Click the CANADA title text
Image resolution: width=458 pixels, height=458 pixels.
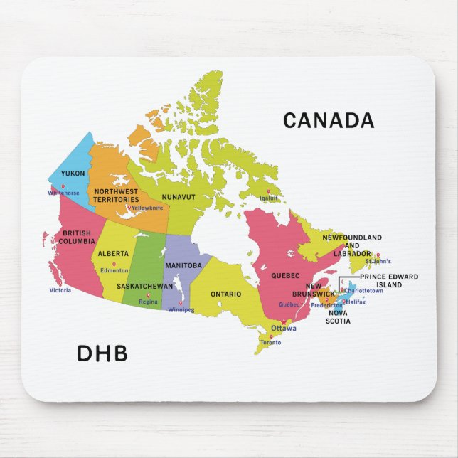click(328, 121)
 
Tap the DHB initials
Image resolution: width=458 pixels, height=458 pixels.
click(102, 353)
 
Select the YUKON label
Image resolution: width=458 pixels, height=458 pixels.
click(73, 174)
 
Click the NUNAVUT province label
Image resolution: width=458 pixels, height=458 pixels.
click(179, 196)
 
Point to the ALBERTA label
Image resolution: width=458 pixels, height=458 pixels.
click(113, 254)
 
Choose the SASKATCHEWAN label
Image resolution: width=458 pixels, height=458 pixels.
click(144, 286)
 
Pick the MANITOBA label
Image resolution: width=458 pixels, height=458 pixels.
click(183, 265)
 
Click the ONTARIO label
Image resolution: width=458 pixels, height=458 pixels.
click(225, 294)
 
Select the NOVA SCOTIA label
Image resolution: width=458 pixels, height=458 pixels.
click(338, 317)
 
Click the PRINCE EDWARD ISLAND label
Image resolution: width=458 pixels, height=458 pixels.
click(389, 280)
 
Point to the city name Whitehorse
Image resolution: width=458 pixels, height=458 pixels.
click(64, 193)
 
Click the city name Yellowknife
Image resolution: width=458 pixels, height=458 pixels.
click(147, 208)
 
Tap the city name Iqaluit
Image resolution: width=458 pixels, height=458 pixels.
click(269, 198)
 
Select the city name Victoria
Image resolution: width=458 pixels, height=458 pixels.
click(60, 290)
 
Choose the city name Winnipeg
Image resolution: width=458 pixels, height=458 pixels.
click(181, 310)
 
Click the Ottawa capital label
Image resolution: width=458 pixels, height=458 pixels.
click(284, 328)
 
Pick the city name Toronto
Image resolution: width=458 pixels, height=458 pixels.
click(270, 343)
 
